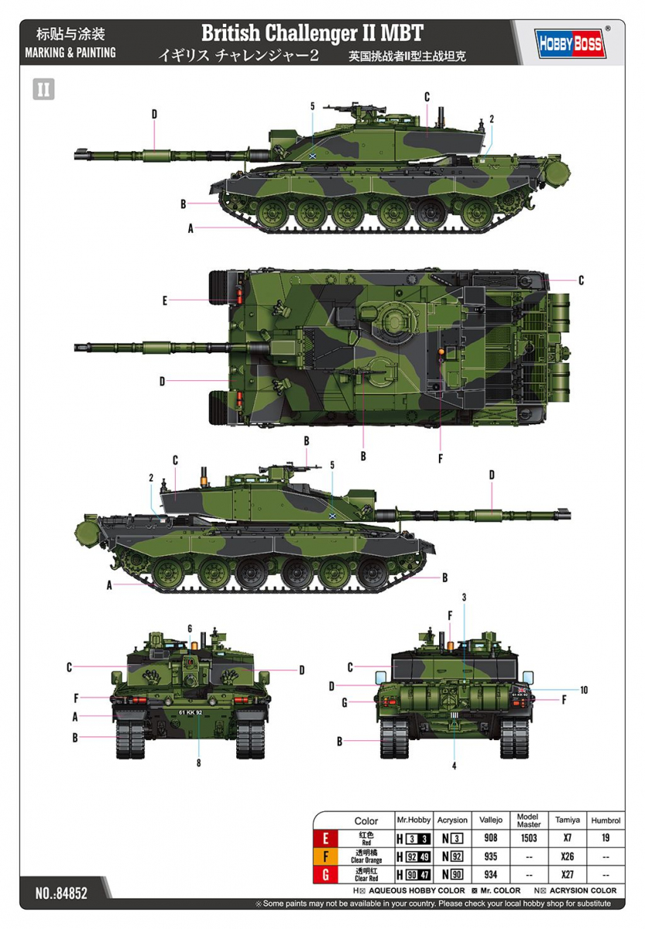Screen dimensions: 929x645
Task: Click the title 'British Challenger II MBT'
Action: point(312,33)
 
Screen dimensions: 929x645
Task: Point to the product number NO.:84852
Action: point(61,893)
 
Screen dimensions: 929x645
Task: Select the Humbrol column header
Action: point(605,821)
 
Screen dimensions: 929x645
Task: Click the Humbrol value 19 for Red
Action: point(605,838)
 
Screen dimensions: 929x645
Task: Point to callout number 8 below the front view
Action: point(199,763)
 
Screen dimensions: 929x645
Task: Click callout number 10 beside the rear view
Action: point(584,690)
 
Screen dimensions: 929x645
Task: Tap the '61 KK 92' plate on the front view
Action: point(190,711)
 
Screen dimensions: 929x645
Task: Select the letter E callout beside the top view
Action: point(165,301)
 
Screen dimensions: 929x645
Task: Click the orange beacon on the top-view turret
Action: point(441,352)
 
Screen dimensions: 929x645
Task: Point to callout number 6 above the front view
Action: point(190,628)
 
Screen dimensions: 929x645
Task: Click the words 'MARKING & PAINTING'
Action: point(70,53)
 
